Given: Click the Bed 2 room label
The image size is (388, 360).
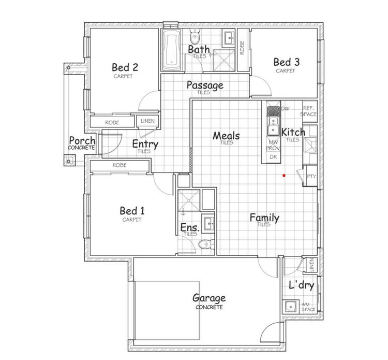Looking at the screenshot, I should tap(125, 67).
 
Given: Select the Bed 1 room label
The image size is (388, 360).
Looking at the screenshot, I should tap(132, 211).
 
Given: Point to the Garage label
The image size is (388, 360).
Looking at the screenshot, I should tap(209, 298).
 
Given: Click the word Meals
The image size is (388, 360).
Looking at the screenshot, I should tap(227, 136).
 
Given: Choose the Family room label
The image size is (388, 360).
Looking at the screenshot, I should tap(264, 218).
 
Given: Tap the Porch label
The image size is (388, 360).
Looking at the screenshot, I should tap(82, 141).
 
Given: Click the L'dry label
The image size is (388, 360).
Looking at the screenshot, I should tap(302, 285).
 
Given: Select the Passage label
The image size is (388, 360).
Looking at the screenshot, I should tap(205, 85).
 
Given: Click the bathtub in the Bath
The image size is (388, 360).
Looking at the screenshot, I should tap(171, 51).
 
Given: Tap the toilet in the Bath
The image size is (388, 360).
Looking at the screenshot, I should tap(195, 38).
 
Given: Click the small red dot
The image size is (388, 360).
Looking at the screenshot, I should tap(284, 176).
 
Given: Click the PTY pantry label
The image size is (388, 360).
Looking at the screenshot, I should tap(311, 177).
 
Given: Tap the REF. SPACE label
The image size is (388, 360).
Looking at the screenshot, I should tap(309, 111).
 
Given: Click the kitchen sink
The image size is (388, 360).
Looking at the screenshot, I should tap(273, 125).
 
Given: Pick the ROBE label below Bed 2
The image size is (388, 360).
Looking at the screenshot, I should tap(112, 123).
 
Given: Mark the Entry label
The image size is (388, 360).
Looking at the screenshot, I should tap(145, 145).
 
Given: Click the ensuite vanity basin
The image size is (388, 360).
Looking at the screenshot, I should tap(208, 224).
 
